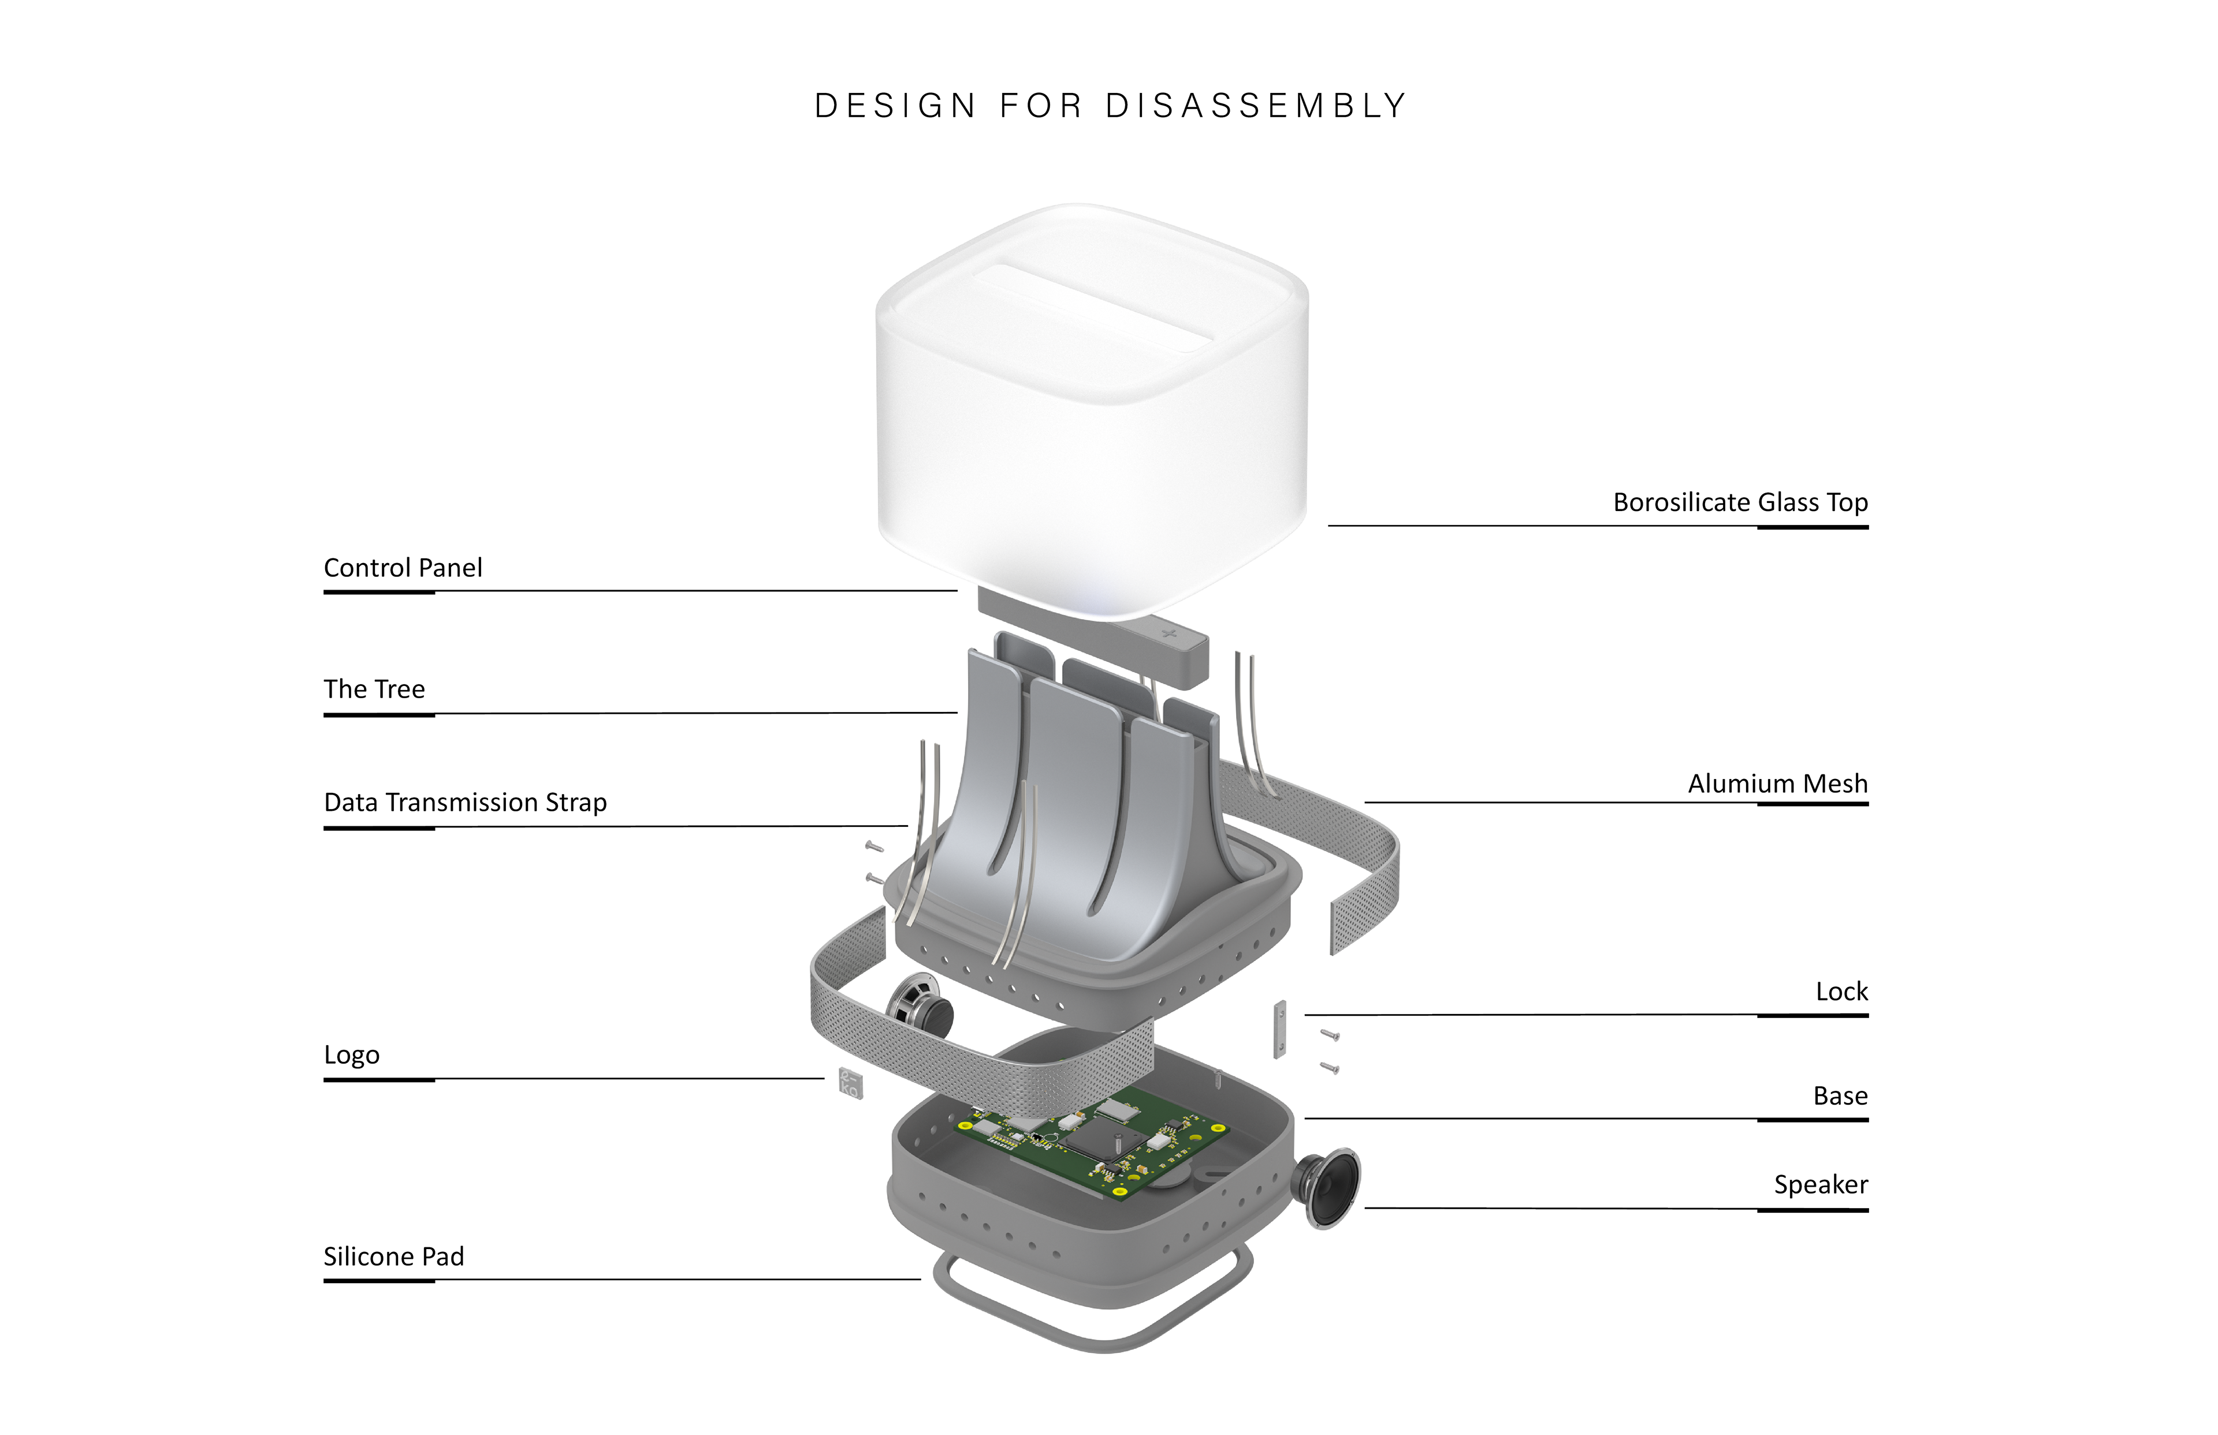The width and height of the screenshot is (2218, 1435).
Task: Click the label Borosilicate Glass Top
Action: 1740,502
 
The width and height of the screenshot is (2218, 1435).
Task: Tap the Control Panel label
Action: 403,568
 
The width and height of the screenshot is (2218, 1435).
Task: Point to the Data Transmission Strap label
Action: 465,802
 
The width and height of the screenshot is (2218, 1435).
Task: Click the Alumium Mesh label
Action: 1777,784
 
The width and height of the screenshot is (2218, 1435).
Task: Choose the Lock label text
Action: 1841,992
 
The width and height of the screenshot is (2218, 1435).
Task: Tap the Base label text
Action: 1840,1096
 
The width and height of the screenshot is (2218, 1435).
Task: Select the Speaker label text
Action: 1820,1184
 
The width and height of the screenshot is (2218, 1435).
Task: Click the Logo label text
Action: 351,1055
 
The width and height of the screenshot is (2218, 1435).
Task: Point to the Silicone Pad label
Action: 393,1256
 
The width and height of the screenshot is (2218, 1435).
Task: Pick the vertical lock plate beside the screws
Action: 1281,1030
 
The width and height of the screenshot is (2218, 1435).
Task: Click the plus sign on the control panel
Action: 1170,635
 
